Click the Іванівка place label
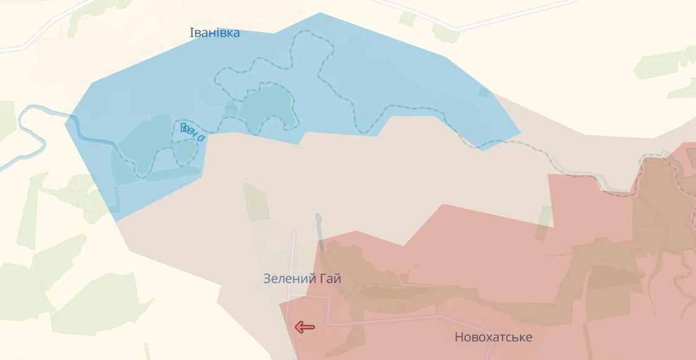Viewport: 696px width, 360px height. click(x=214, y=33)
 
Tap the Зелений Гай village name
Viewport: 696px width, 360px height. click(x=302, y=279)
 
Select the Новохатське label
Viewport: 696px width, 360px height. click(x=493, y=338)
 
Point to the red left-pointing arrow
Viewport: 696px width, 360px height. click(x=304, y=327)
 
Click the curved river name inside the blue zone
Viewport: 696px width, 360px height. click(x=192, y=132)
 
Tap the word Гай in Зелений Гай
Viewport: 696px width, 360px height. click(x=331, y=279)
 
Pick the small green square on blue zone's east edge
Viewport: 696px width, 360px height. click(x=483, y=92)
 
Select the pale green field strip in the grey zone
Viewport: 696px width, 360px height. click(x=255, y=202)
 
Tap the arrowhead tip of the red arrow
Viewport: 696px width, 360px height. click(x=296, y=327)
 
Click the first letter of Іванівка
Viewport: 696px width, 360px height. click(x=192, y=33)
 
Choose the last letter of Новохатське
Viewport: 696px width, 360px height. click(x=529, y=338)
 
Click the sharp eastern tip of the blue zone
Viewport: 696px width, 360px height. click(x=520, y=133)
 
